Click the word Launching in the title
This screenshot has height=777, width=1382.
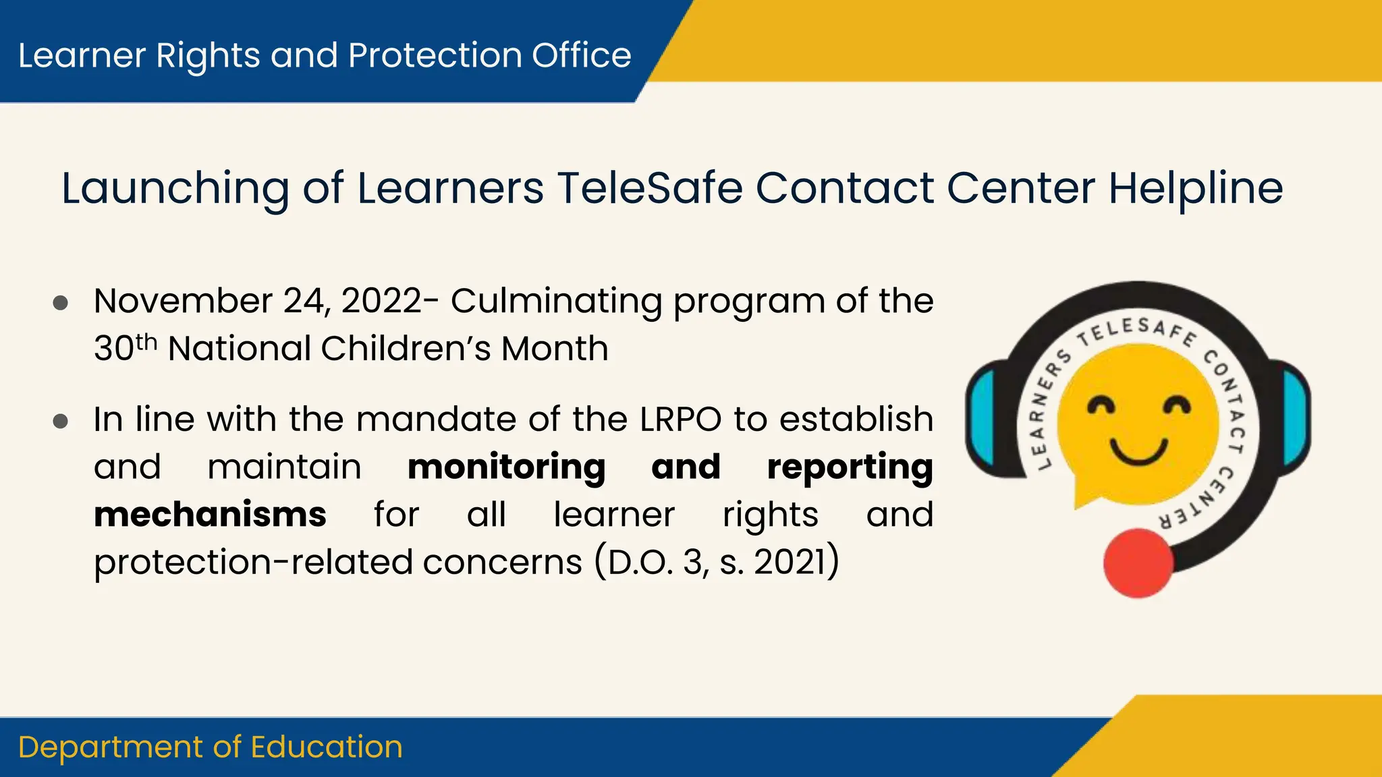pos(175,189)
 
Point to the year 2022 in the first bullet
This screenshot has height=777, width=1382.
pos(381,301)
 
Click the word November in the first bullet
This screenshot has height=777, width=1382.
pos(183,301)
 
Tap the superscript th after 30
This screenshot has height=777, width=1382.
pos(146,342)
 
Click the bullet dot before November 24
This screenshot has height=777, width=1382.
pos(61,303)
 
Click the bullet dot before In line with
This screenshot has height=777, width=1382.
pos(61,422)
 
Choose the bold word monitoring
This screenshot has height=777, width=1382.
pos(506,468)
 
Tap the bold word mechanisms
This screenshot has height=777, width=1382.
pos(211,515)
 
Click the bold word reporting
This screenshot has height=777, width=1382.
pos(850,468)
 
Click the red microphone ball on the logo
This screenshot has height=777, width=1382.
pos(1138,563)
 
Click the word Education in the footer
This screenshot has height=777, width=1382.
pos(327,747)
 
